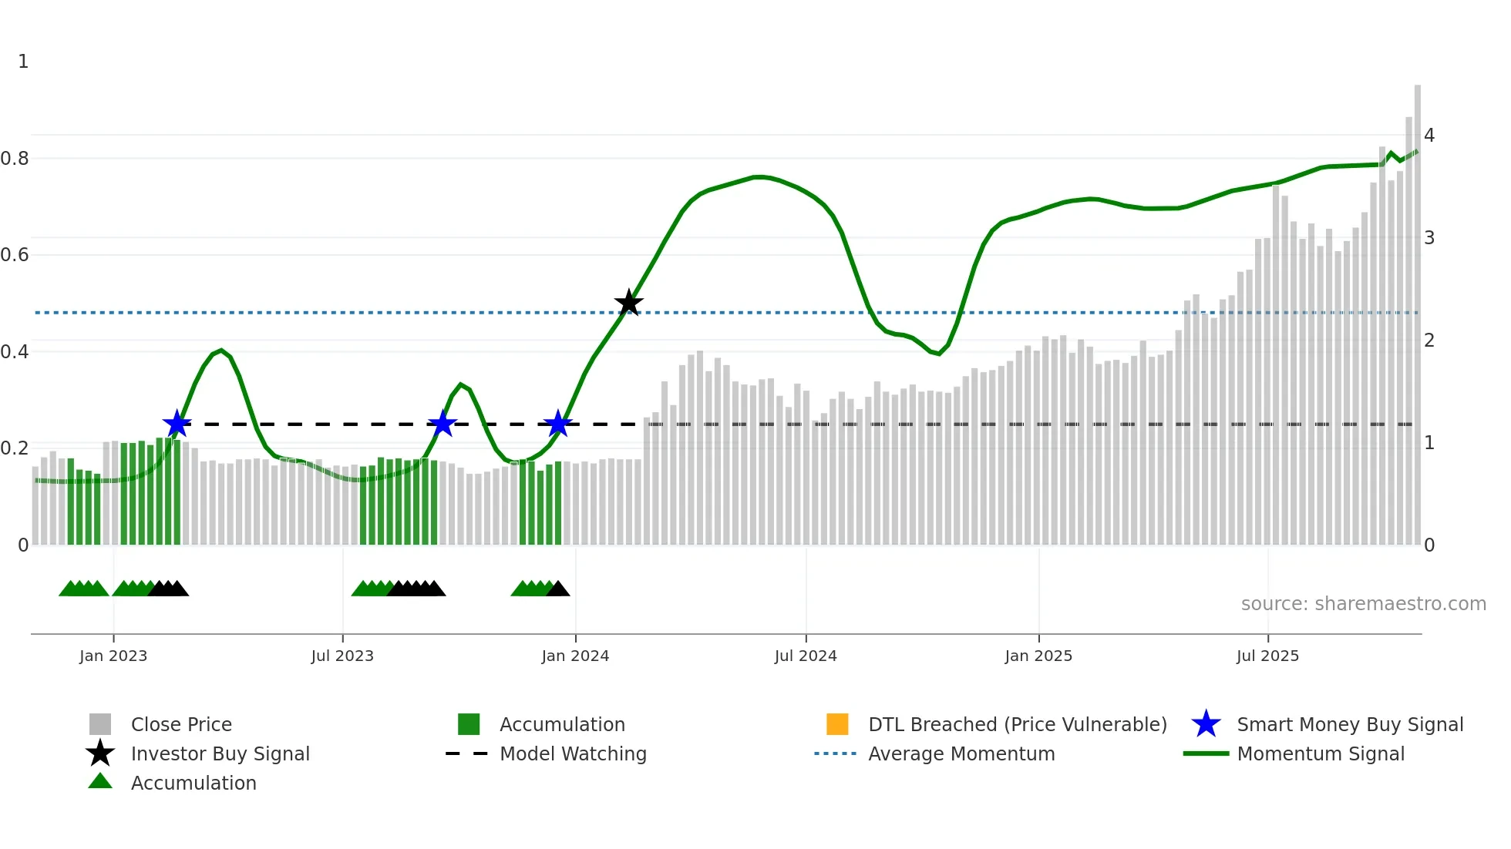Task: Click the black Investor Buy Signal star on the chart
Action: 629,303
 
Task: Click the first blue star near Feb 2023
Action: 177,424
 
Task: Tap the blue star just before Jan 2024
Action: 557,424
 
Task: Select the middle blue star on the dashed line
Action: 443,424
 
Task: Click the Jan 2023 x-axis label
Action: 113,656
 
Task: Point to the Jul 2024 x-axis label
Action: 806,656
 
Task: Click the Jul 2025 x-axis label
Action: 1267,656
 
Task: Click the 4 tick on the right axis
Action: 1429,136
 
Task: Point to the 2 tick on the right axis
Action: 1429,341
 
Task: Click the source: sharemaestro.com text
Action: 1363,604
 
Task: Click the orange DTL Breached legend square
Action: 837,724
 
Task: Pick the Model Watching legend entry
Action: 572,753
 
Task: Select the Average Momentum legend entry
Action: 961,753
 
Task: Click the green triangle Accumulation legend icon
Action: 100,781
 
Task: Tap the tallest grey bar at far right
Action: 1417,308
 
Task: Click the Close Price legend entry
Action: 180,724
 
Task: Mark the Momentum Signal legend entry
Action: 1320,753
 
